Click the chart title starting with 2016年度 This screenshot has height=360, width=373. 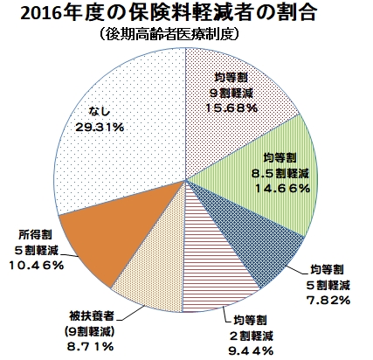[x=169, y=14]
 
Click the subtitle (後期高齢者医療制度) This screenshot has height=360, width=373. [x=169, y=34]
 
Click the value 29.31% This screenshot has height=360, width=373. [x=100, y=127]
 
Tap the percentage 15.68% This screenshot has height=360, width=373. [x=231, y=108]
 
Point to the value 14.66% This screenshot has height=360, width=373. [x=282, y=189]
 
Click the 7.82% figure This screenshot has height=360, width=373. [x=328, y=300]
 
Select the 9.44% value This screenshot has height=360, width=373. [x=251, y=351]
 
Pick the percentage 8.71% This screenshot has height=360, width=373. [x=90, y=346]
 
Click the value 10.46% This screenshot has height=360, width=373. [x=36, y=265]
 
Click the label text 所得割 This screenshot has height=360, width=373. [x=36, y=234]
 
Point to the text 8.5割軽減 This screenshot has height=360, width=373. [x=280, y=174]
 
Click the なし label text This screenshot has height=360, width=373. [x=100, y=111]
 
